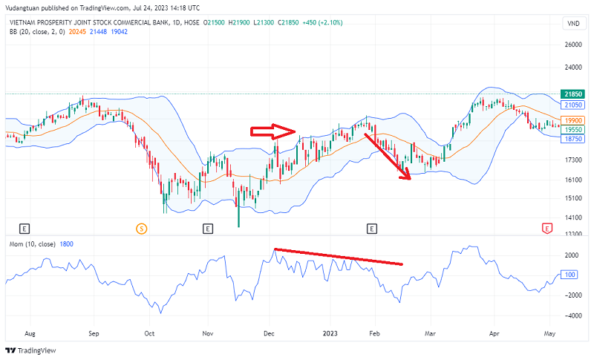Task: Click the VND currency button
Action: (572, 24)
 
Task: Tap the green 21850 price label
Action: (572, 94)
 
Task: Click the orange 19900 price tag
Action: (572, 120)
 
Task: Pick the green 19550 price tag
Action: (572, 129)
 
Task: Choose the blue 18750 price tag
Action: (572, 139)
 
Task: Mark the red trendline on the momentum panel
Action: (338, 256)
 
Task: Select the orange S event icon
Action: (141, 228)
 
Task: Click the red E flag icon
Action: (547, 228)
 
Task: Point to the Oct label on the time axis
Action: (150, 335)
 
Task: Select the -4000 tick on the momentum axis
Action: (572, 315)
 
